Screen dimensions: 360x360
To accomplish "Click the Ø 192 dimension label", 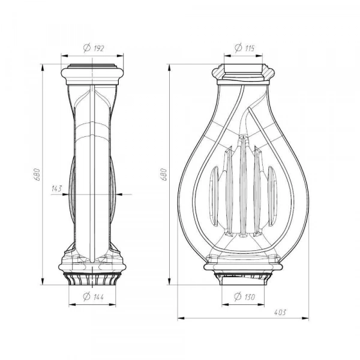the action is click(x=94, y=48).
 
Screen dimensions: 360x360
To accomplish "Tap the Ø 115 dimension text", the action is click(x=245, y=48).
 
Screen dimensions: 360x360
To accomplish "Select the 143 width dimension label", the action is click(x=57, y=188).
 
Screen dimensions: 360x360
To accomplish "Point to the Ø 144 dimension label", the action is click(x=93, y=296).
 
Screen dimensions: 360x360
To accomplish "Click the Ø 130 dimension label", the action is click(x=244, y=296).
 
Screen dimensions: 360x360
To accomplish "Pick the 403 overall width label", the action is click(x=280, y=313).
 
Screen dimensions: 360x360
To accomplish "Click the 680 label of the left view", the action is click(x=37, y=175).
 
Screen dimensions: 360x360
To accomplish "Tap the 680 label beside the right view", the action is click(x=164, y=175).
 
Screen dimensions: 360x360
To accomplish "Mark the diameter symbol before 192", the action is click(x=87, y=48).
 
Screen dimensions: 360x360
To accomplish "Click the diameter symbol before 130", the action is click(x=238, y=296).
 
